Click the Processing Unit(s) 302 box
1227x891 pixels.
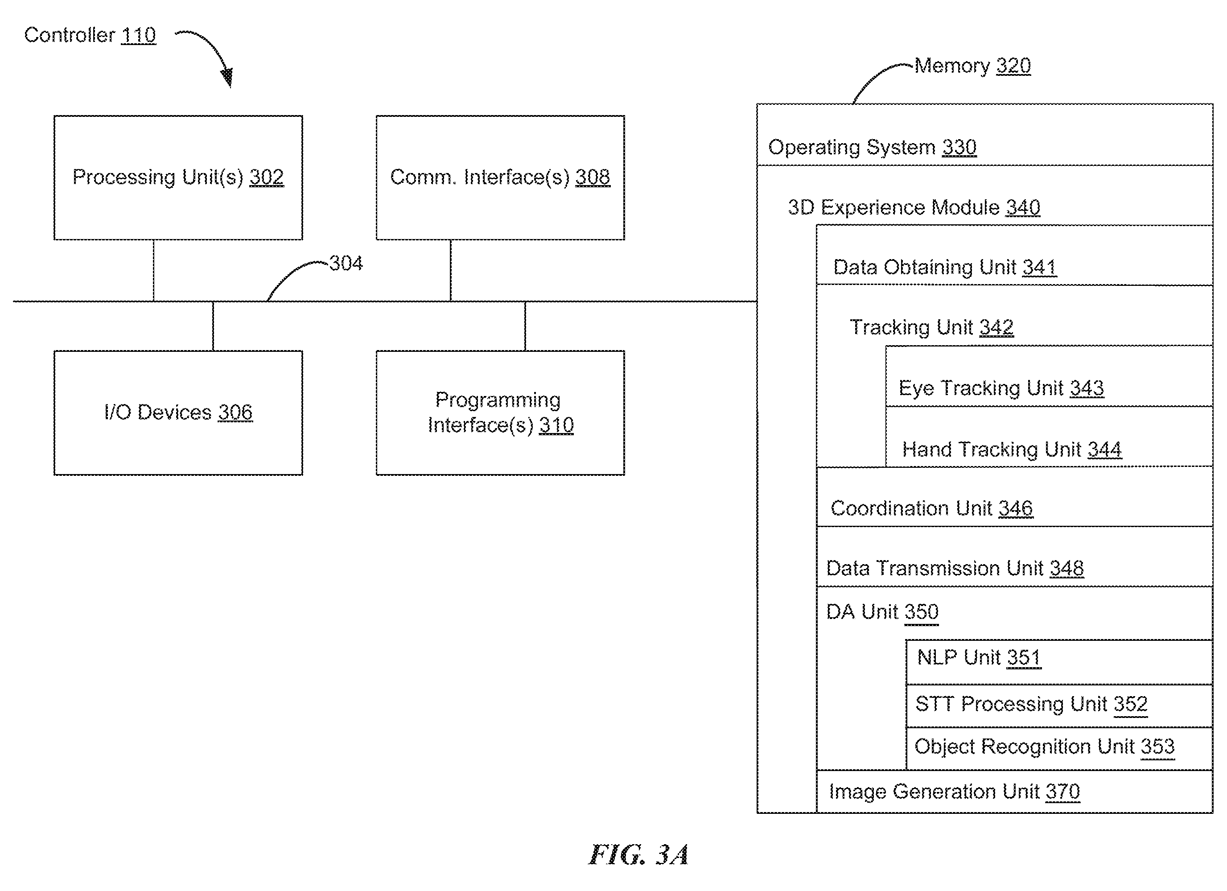(x=178, y=177)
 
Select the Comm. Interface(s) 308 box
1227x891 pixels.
(x=500, y=177)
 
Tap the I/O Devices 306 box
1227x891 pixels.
(x=178, y=413)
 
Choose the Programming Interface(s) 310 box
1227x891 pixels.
(x=500, y=413)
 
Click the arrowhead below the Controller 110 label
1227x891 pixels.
(x=228, y=77)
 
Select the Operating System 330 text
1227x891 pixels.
(x=872, y=147)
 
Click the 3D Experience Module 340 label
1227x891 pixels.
(x=914, y=207)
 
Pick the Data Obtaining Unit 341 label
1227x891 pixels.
(x=945, y=267)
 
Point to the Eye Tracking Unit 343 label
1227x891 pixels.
(x=1001, y=388)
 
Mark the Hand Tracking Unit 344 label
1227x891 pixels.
(x=1012, y=449)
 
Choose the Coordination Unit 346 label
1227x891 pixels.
(x=931, y=508)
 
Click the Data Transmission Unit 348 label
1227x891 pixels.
(x=955, y=568)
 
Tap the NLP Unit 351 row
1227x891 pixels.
(x=1059, y=662)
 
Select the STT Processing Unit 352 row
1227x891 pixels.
(x=1059, y=706)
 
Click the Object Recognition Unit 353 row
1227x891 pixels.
(x=1059, y=749)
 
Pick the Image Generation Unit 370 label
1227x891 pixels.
(x=954, y=792)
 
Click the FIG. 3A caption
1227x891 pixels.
(x=638, y=855)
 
